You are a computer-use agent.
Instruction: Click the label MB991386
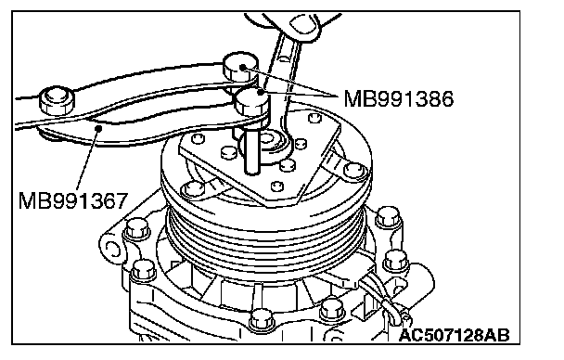399,99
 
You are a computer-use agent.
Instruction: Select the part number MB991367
73,200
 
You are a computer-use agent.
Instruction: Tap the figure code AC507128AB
455,335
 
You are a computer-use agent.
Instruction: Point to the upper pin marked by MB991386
240,66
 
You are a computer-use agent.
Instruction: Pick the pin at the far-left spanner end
57,99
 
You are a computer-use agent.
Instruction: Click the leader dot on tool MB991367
98,128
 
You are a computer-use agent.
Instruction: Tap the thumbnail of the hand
304,26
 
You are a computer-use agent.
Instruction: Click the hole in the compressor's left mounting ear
112,249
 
